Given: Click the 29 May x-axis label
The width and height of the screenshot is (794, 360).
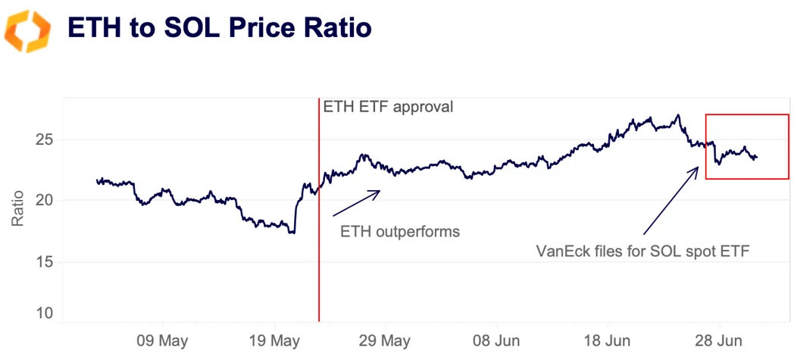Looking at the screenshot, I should click(x=385, y=338).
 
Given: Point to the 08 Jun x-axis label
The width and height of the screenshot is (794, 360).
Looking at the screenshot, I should click(x=497, y=338).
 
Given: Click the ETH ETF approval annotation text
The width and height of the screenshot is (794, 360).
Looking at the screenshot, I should click(x=388, y=107).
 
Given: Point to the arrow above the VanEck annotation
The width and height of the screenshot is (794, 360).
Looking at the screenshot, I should click(x=671, y=201).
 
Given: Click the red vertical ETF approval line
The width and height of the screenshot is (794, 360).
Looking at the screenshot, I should click(x=319, y=227).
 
